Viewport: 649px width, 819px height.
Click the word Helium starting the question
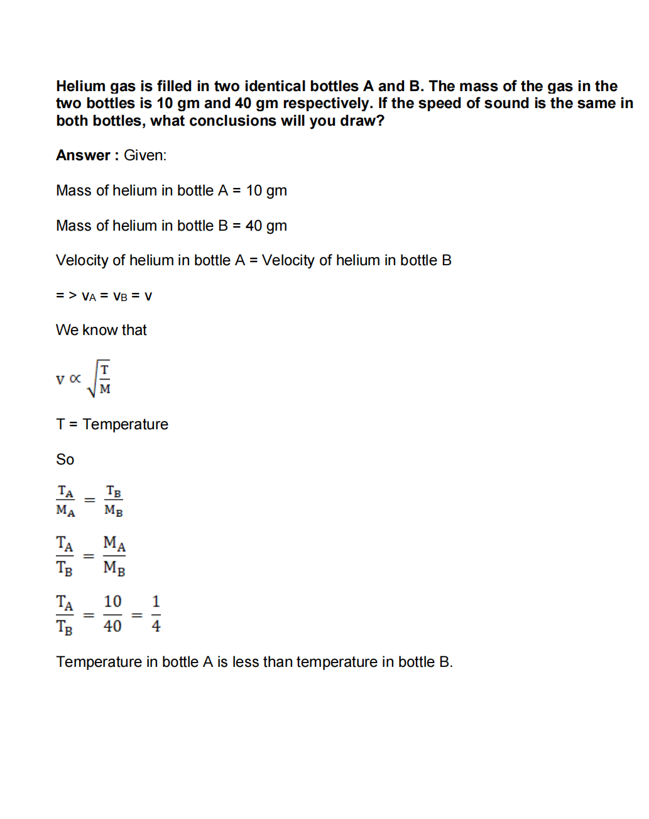(x=80, y=86)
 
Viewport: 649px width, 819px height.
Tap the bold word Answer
(x=83, y=155)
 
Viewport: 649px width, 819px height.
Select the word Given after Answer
(x=145, y=155)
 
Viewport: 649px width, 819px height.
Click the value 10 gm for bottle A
(x=266, y=190)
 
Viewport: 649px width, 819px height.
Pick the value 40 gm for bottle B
(x=266, y=226)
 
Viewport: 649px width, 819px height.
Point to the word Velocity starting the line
(x=82, y=260)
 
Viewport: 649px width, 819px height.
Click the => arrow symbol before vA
(x=66, y=295)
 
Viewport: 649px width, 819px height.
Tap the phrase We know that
(x=101, y=330)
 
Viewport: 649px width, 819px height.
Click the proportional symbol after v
(x=75, y=378)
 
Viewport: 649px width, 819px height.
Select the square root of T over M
(x=99, y=378)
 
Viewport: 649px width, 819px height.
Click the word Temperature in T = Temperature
(x=126, y=424)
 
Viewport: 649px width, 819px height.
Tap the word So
(x=65, y=459)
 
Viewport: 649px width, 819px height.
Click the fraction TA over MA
(x=65, y=501)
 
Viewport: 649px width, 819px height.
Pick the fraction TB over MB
(x=114, y=501)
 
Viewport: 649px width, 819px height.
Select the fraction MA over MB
(x=114, y=555)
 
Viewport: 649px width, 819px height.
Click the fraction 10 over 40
(x=112, y=613)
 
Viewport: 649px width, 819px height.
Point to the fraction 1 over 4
(x=156, y=613)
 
